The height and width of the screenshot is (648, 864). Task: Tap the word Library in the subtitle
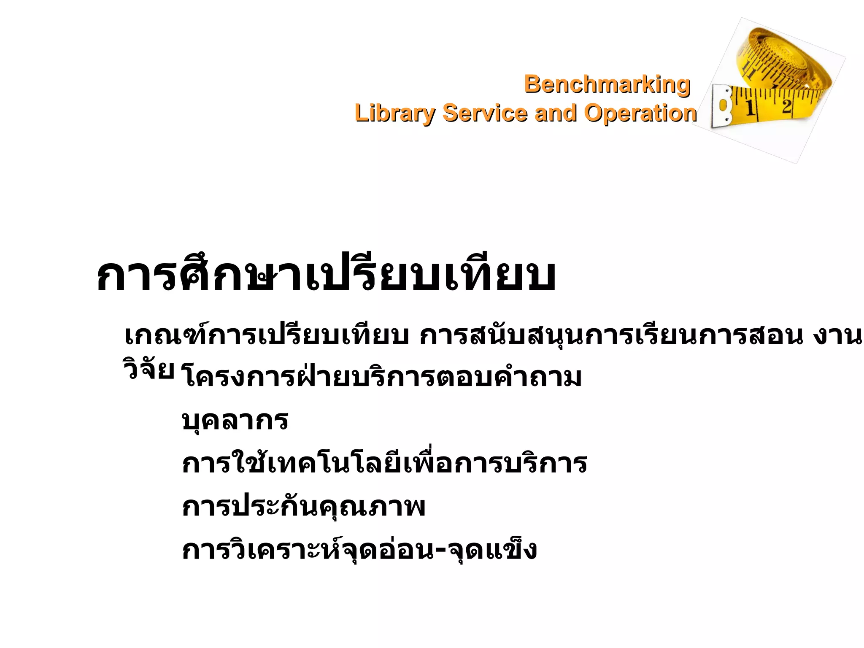[394, 113]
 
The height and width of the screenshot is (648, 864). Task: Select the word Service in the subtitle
[485, 113]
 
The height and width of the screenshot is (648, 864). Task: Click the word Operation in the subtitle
[640, 113]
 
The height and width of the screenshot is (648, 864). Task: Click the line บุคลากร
[235, 420]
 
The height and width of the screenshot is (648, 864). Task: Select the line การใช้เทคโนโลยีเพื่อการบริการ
[384, 463]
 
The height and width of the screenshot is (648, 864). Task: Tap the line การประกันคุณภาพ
[303, 506]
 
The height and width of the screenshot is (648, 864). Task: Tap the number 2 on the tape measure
[786, 105]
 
